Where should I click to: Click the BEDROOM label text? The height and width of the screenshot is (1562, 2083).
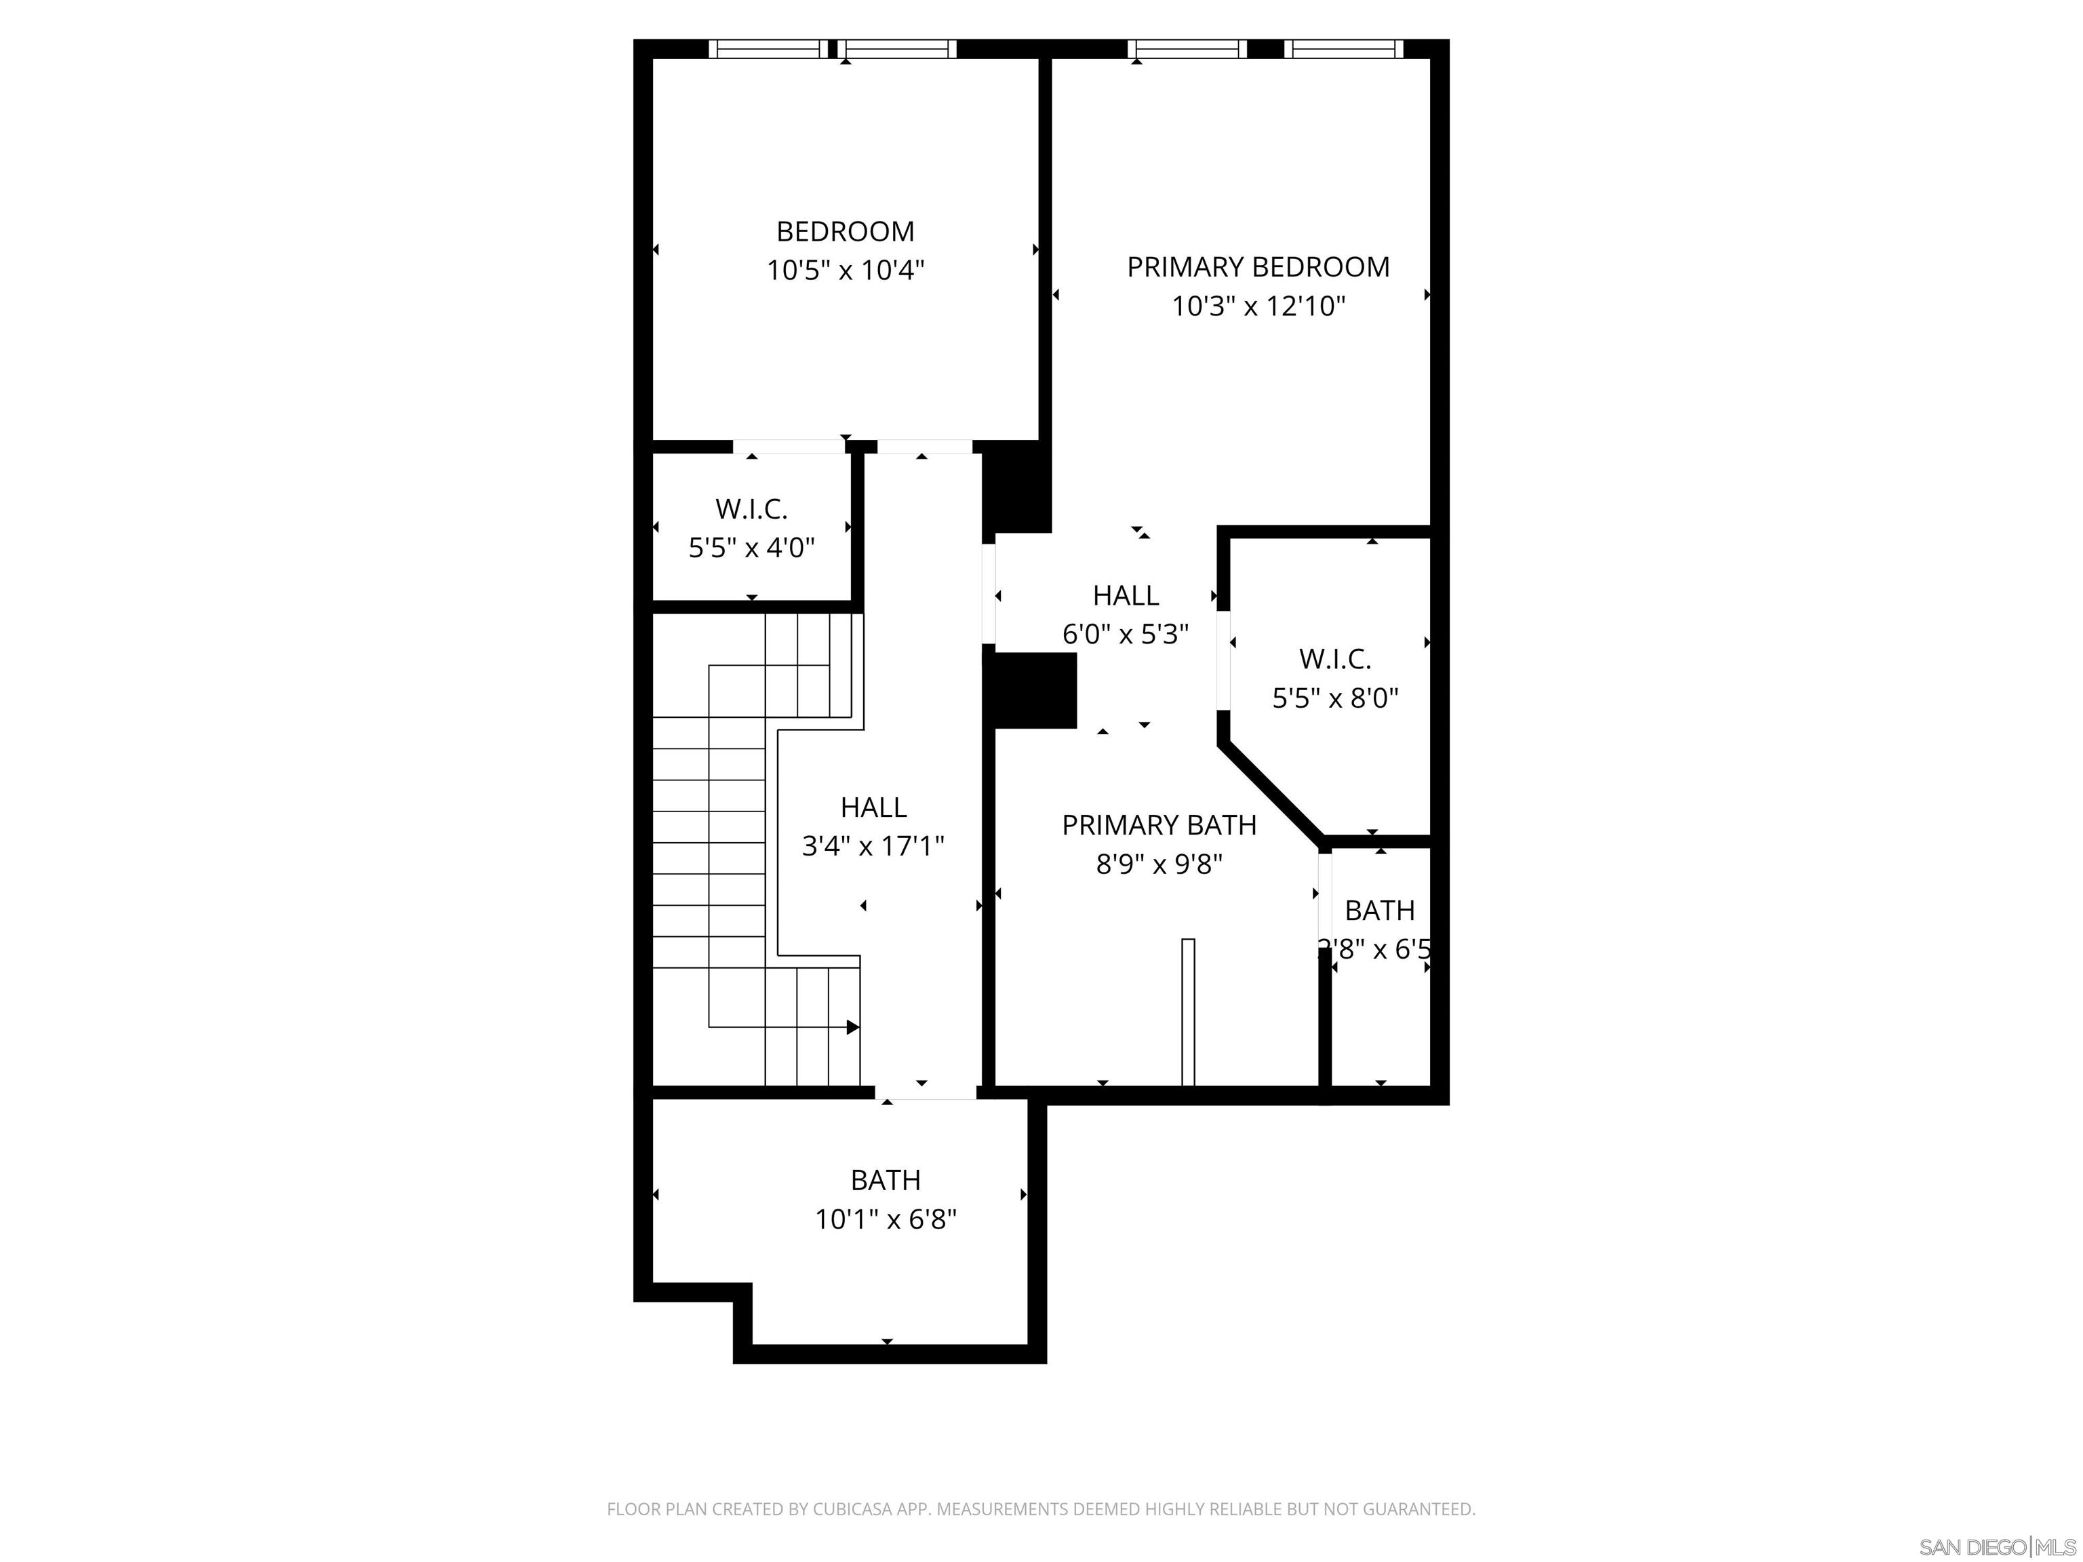(x=845, y=232)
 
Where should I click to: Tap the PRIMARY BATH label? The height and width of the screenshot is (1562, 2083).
(x=1158, y=825)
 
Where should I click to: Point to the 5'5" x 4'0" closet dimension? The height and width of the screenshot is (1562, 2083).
(x=751, y=547)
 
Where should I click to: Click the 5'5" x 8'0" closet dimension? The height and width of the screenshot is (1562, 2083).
(x=1334, y=698)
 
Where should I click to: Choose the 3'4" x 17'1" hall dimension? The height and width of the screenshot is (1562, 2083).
(x=872, y=847)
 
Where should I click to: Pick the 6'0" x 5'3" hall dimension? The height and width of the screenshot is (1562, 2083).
(x=1126, y=635)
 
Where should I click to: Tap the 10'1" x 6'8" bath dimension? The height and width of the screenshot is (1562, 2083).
(x=885, y=1219)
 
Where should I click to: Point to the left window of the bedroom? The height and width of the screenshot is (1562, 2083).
(x=768, y=49)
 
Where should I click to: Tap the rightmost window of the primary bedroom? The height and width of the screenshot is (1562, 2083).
(x=1344, y=49)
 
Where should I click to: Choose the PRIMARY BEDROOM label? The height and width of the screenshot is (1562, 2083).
(x=1258, y=267)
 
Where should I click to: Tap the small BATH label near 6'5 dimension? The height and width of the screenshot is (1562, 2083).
(x=1380, y=910)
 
